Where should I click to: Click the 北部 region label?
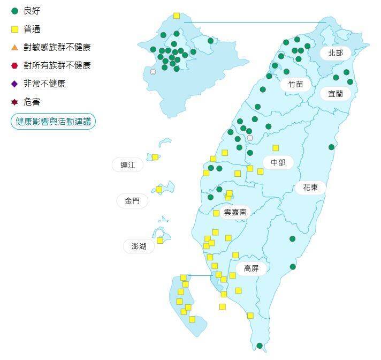coord(336,53)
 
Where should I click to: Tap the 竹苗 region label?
coord(295,84)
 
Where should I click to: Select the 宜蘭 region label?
coord(336,94)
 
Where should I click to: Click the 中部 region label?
coord(278,162)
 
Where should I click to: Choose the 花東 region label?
coord(310,187)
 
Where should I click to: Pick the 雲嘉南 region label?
coord(235,212)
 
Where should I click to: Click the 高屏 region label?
coord(251,268)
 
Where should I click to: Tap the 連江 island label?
coord(128,164)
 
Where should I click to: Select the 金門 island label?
coord(132,201)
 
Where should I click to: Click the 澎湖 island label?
coord(139,246)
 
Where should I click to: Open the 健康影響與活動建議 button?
coord(53,121)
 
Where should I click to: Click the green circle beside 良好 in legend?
coord(14,11)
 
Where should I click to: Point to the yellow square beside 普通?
coord(14,29)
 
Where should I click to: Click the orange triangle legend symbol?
coord(14,47)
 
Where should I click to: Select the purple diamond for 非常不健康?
coord(14,84)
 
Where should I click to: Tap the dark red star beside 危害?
coord(14,102)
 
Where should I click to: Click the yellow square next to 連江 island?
coord(155,157)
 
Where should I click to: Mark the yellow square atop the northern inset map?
coord(177,16)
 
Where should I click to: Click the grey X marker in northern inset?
coord(153,71)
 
